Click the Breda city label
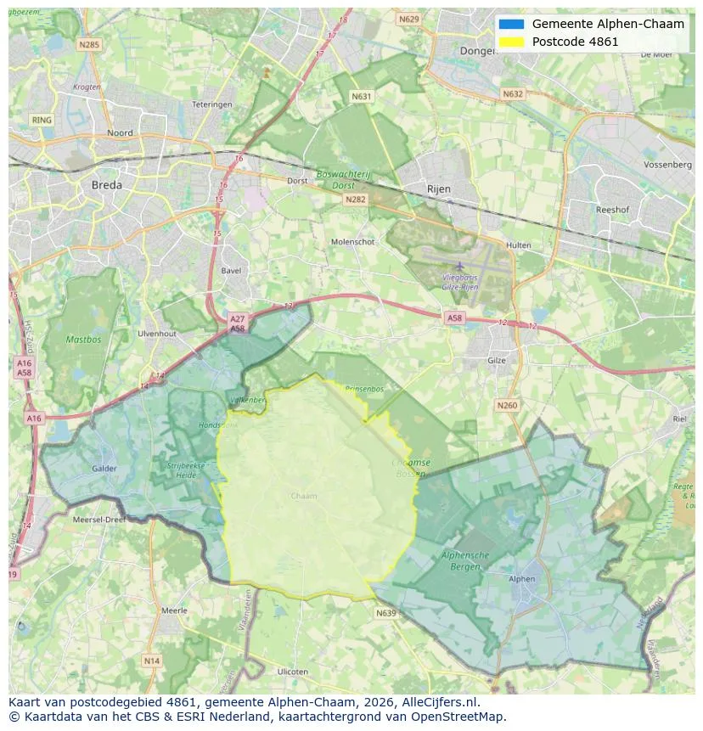pyautogui.click(x=106, y=184)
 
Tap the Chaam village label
pyautogui.click(x=303, y=496)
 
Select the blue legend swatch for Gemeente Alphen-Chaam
pyautogui.click(x=512, y=24)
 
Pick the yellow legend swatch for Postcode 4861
pyautogui.click(x=512, y=42)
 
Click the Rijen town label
pyautogui.click(x=439, y=188)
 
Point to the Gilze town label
pyautogui.click(x=497, y=360)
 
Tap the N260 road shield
pyautogui.click(x=507, y=405)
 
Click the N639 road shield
pyautogui.click(x=385, y=612)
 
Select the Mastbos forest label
pyautogui.click(x=82, y=340)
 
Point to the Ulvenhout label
pyautogui.click(x=156, y=334)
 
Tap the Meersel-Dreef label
pyautogui.click(x=100, y=520)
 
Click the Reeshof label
pyautogui.click(x=611, y=209)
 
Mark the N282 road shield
pyautogui.click(x=355, y=199)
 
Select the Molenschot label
pyautogui.click(x=352, y=242)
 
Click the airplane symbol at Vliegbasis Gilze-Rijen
pyautogui.click(x=459, y=266)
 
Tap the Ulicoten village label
pyautogui.click(x=293, y=672)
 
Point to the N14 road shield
pyautogui.click(x=152, y=661)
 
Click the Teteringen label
pyautogui.click(x=211, y=104)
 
